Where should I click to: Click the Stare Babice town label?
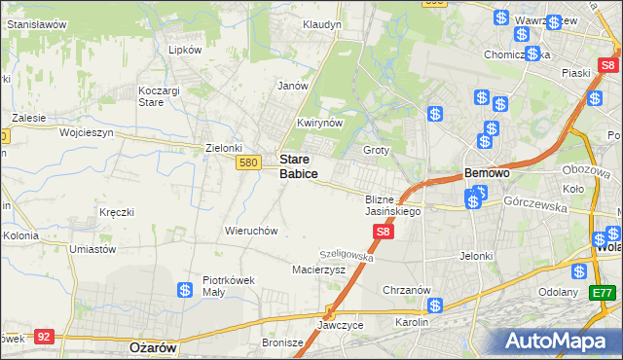pos(298,165)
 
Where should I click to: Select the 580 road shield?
pos(247,163)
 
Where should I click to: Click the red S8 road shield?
pos(384,232)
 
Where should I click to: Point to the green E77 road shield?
pos(604,292)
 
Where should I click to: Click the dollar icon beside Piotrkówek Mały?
pos(185,290)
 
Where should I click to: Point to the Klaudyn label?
pos(322,23)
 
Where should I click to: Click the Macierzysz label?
pos(319,270)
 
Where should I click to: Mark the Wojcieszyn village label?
pos(86,131)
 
